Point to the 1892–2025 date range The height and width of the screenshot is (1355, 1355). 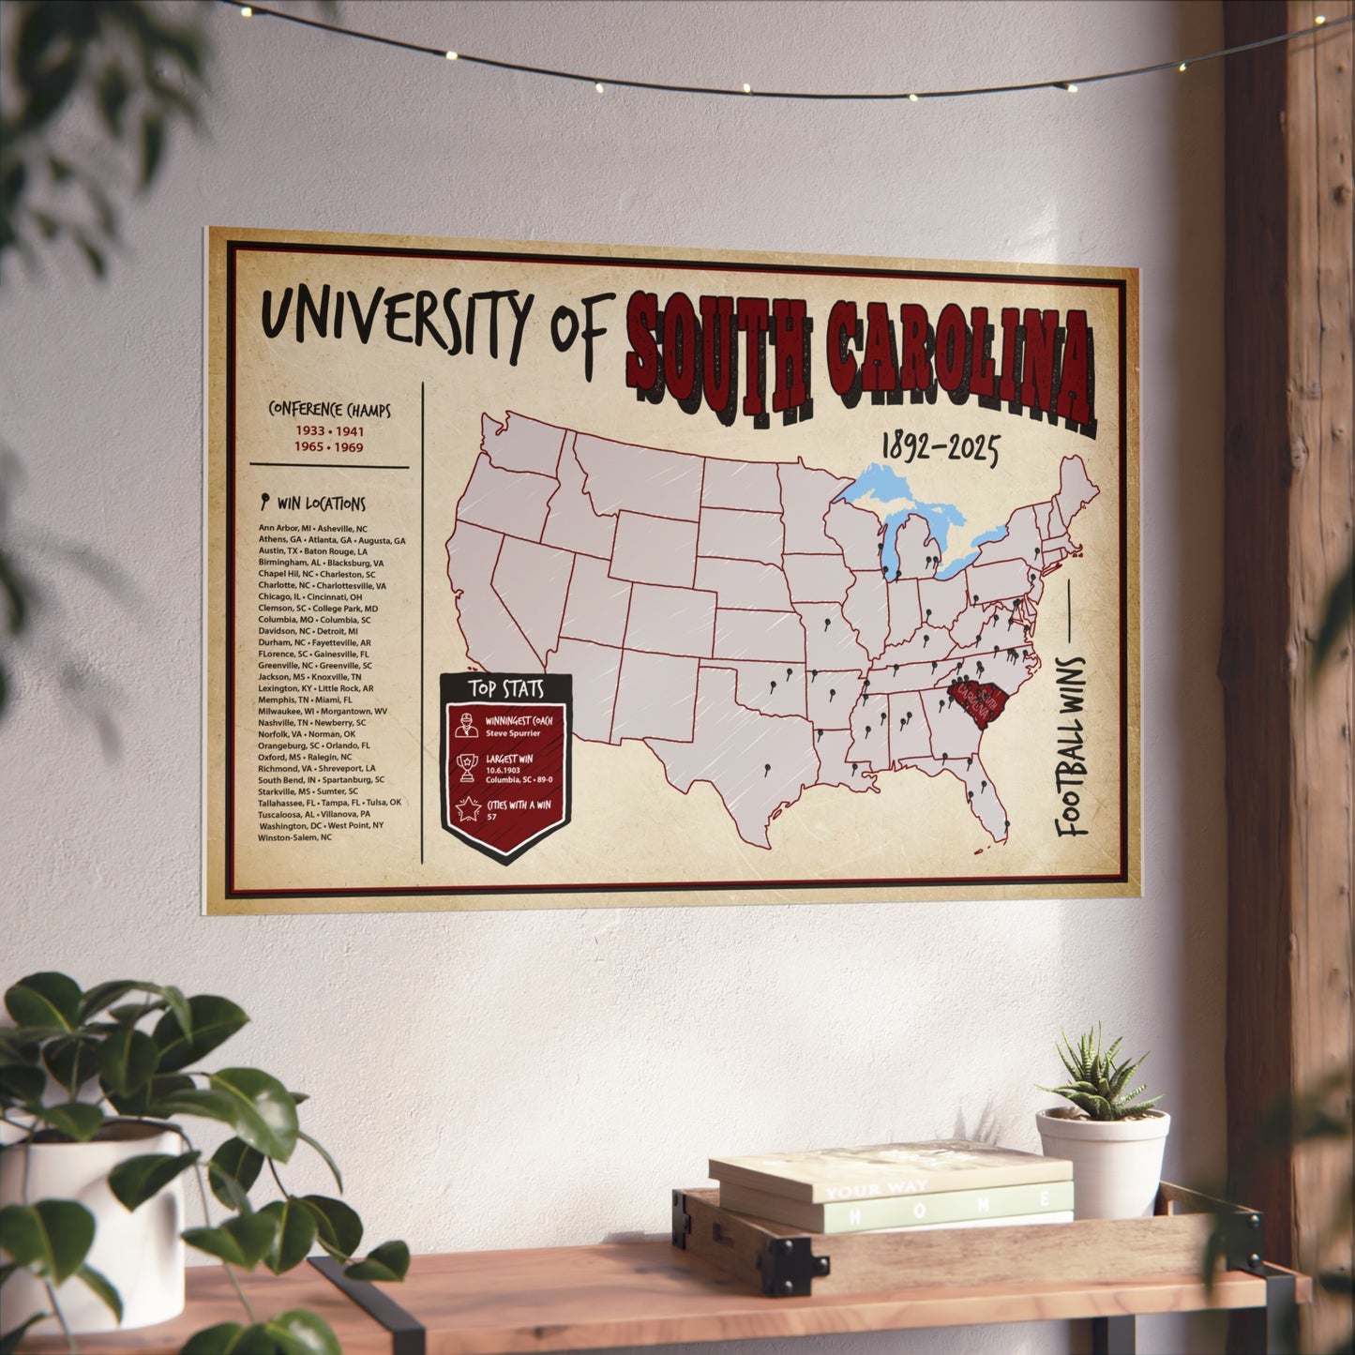click(x=940, y=449)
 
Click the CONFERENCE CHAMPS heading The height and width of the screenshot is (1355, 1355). click(x=329, y=411)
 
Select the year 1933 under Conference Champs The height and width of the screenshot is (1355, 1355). click(x=310, y=431)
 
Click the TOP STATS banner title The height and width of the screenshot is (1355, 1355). click(x=506, y=689)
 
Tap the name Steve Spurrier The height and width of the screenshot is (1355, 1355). click(x=513, y=733)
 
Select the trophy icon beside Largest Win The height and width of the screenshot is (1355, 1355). click(x=466, y=767)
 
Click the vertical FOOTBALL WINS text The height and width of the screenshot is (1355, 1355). click(x=1071, y=746)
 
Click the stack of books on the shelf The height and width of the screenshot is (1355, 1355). click(x=891, y=1187)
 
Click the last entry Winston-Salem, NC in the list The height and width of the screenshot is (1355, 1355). click(x=295, y=837)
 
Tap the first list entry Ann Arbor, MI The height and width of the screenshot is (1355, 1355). click(x=285, y=529)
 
